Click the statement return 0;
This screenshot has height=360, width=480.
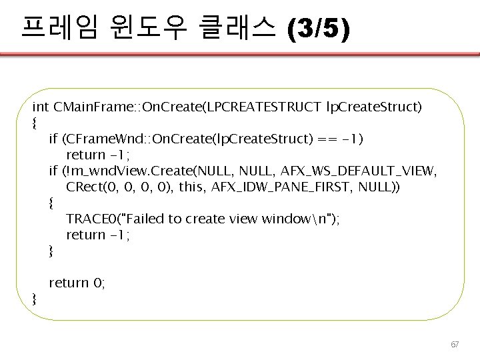coord(77,283)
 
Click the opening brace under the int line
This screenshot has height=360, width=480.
coord(35,122)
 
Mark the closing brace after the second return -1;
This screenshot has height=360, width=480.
coord(52,250)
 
